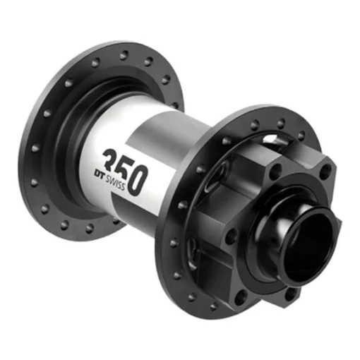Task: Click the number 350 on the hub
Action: click(125, 169)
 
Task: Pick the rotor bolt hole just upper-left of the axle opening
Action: click(273, 168)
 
